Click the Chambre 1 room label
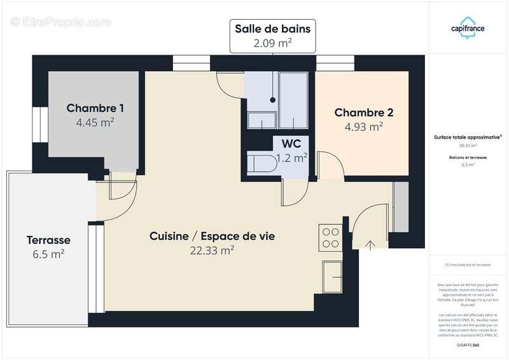tap(95, 108)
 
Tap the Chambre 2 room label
tap(364, 113)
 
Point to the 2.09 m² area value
tap(273, 43)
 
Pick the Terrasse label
tap(48, 240)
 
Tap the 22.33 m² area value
tap(212, 251)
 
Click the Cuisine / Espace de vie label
tap(212, 236)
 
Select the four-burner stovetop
tap(331, 238)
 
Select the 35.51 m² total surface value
tap(468, 145)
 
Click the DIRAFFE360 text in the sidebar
tap(468, 344)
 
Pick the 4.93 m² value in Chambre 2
tap(364, 127)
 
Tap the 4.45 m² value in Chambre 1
tap(95, 123)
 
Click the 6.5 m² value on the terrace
tap(48, 254)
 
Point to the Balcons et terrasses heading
tap(468, 156)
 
